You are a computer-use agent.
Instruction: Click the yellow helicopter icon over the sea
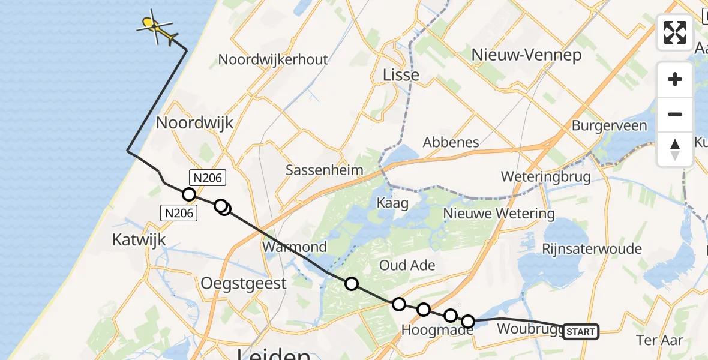click(x=157, y=28)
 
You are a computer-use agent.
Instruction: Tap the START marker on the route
click(x=580, y=331)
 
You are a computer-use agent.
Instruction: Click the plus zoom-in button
click(x=675, y=79)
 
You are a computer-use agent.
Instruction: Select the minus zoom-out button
click(x=675, y=114)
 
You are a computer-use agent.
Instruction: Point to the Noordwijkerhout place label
click(x=273, y=59)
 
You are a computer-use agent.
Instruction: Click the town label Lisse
click(x=401, y=74)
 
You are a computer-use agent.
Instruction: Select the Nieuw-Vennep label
click(x=526, y=55)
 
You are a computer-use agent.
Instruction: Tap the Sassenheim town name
click(x=324, y=170)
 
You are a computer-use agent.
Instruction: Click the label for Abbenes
click(x=451, y=142)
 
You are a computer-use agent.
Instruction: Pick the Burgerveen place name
click(x=609, y=125)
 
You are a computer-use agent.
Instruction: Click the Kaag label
click(x=392, y=203)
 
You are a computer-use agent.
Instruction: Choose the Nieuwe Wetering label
click(x=499, y=213)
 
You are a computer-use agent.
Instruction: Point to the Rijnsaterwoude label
click(x=592, y=248)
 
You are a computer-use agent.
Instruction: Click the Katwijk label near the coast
click(x=139, y=240)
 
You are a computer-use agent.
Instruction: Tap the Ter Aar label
click(x=659, y=340)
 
